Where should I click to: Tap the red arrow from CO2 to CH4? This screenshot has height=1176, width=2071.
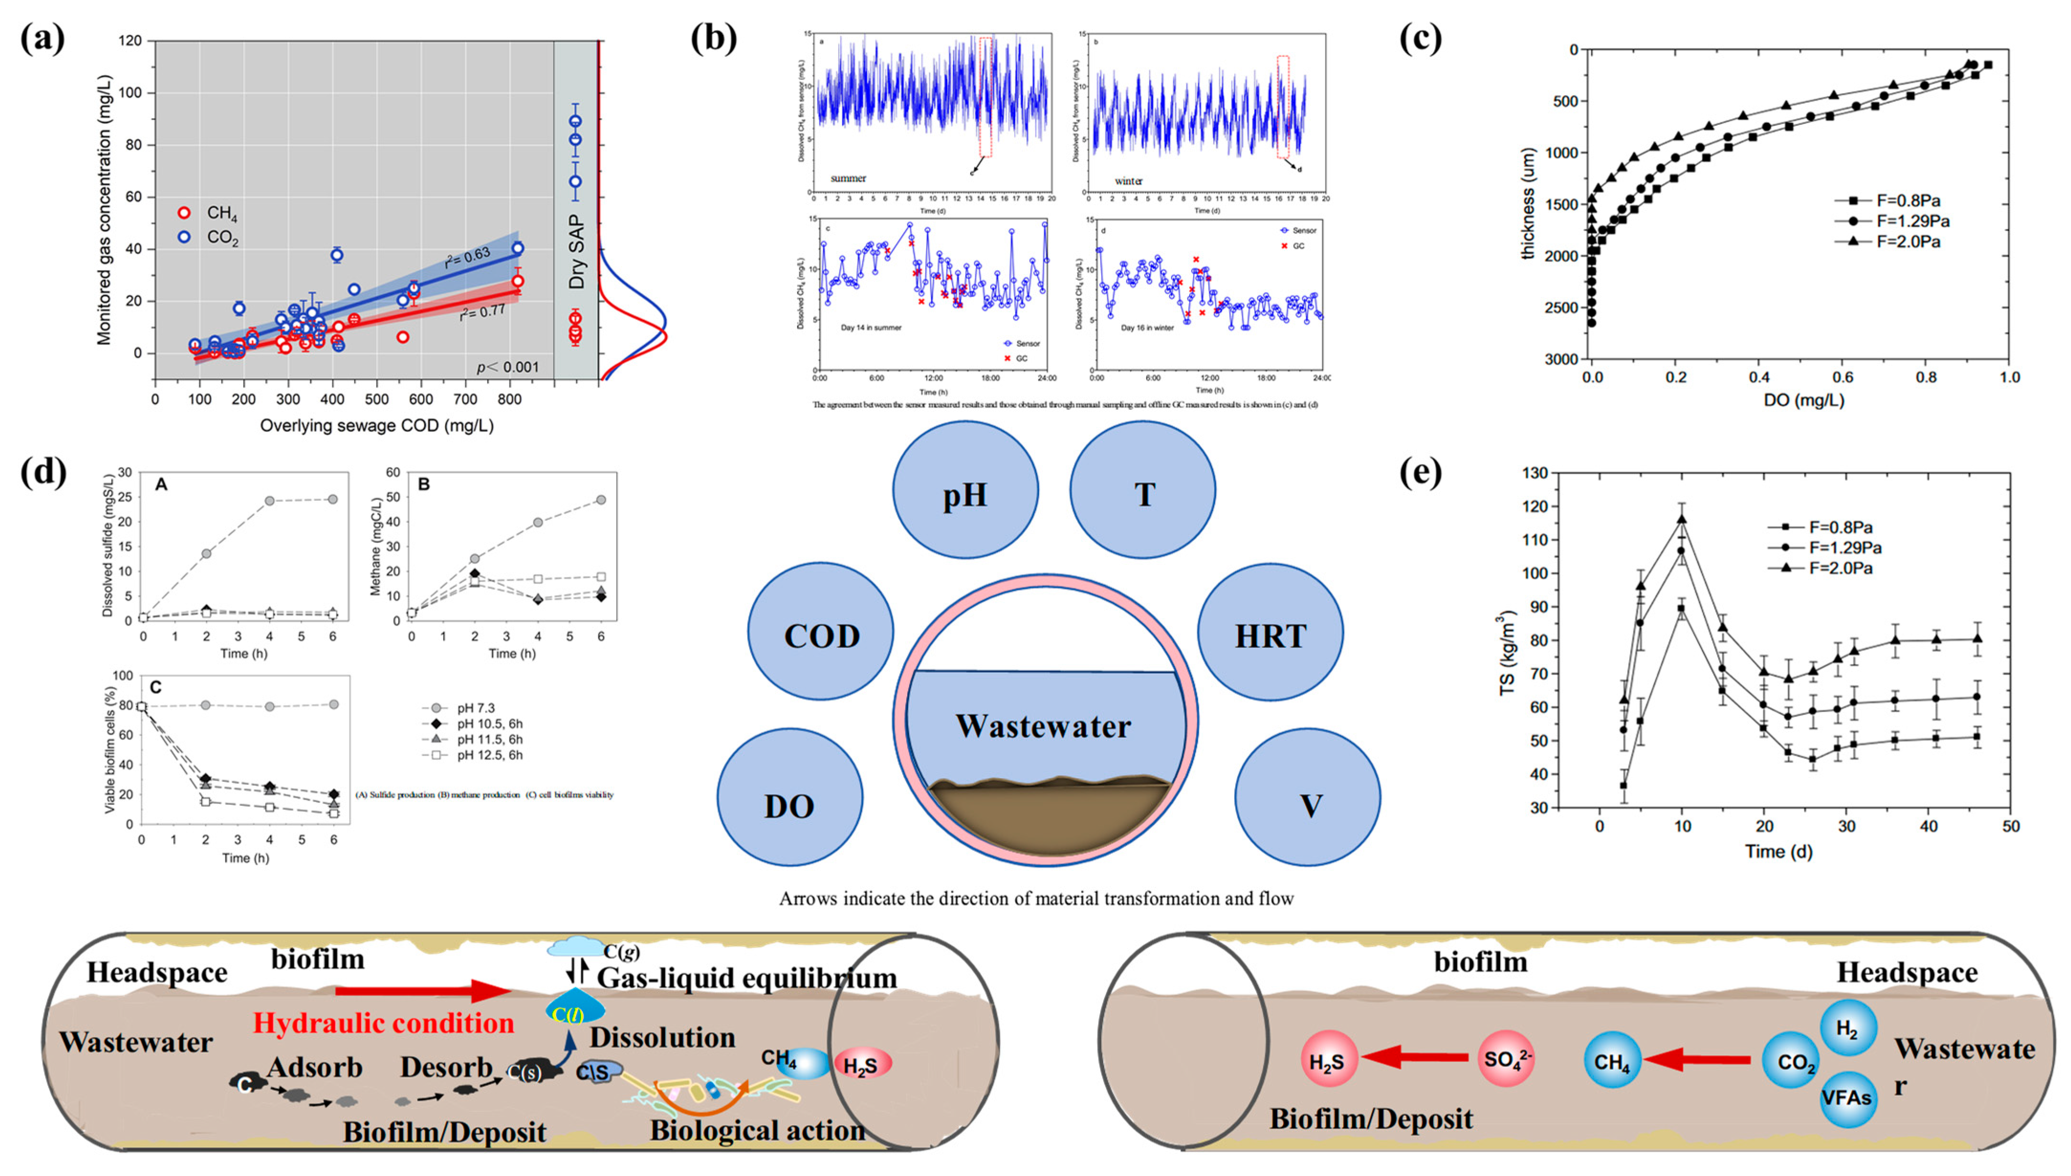1697,1060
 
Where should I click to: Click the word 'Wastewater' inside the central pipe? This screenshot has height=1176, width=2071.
1043,726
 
